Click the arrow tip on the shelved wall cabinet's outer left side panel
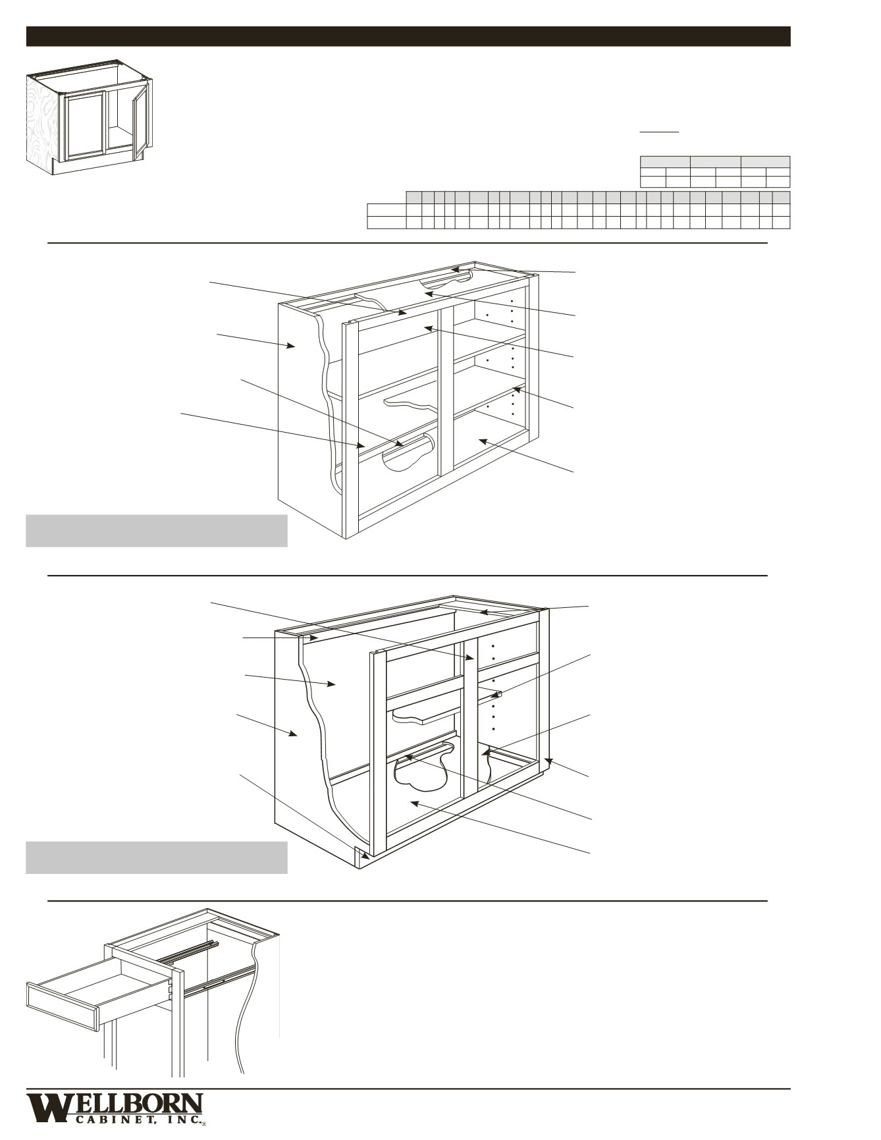(294, 346)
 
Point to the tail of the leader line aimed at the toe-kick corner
(240, 774)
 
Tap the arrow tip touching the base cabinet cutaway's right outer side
(545, 760)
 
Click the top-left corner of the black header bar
(26, 27)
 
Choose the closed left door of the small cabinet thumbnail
(85, 124)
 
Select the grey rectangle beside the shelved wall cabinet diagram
(156, 531)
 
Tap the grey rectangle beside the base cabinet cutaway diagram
(156, 857)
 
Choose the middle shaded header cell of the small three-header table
(716, 162)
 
